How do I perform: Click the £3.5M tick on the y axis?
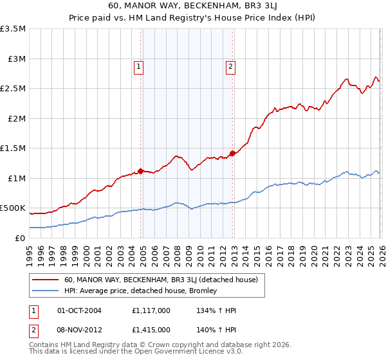(x=13, y=29)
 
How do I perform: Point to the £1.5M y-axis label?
(x=13, y=148)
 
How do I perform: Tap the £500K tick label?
(x=13, y=208)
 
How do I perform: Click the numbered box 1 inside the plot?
(x=139, y=65)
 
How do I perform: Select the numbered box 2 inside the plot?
(x=230, y=65)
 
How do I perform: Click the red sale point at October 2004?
(x=140, y=171)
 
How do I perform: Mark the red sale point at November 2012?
(x=232, y=154)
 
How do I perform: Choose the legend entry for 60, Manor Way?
(x=161, y=280)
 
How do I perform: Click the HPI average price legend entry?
(x=140, y=291)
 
